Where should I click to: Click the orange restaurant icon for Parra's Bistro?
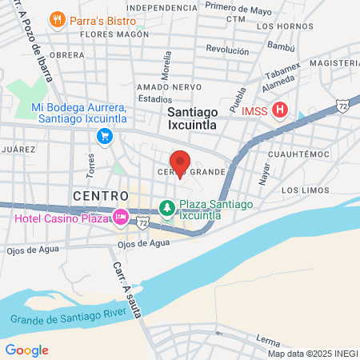[57, 19]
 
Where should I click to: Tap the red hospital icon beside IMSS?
[279, 110]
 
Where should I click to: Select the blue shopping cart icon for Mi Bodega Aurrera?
[104, 137]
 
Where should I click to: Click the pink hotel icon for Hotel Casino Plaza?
[121, 217]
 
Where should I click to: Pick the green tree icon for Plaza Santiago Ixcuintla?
[166, 209]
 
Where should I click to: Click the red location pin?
[180, 162]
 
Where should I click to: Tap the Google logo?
[26, 350]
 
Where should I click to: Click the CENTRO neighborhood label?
[100, 195]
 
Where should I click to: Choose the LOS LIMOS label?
[305, 190]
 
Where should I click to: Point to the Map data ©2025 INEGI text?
[313, 353]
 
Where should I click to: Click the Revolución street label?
[227, 49]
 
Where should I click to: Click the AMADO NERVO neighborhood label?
[166, 86]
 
